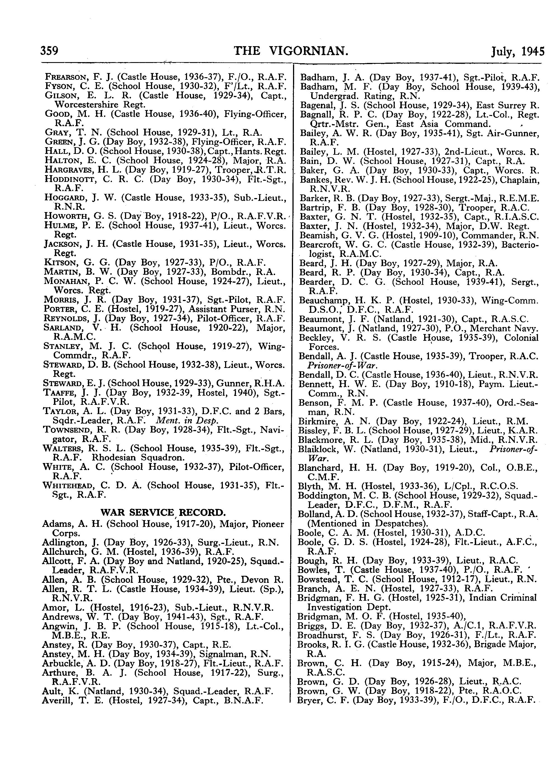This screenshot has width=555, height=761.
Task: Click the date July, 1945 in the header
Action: click(x=517, y=51)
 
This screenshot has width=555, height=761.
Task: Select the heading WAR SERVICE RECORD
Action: click(x=163, y=513)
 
